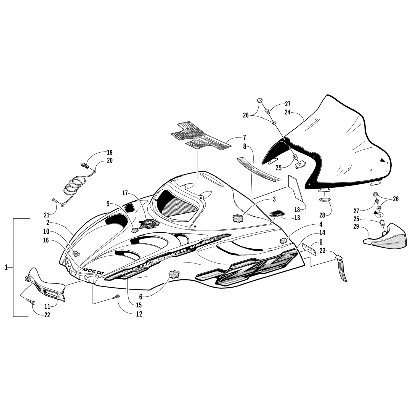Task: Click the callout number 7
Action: coord(244,137)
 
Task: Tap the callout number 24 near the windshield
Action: coord(287,112)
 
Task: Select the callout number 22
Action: coord(47,315)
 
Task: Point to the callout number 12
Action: coord(139,314)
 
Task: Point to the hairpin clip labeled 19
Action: coord(85,165)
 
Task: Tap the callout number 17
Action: coord(125,193)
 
